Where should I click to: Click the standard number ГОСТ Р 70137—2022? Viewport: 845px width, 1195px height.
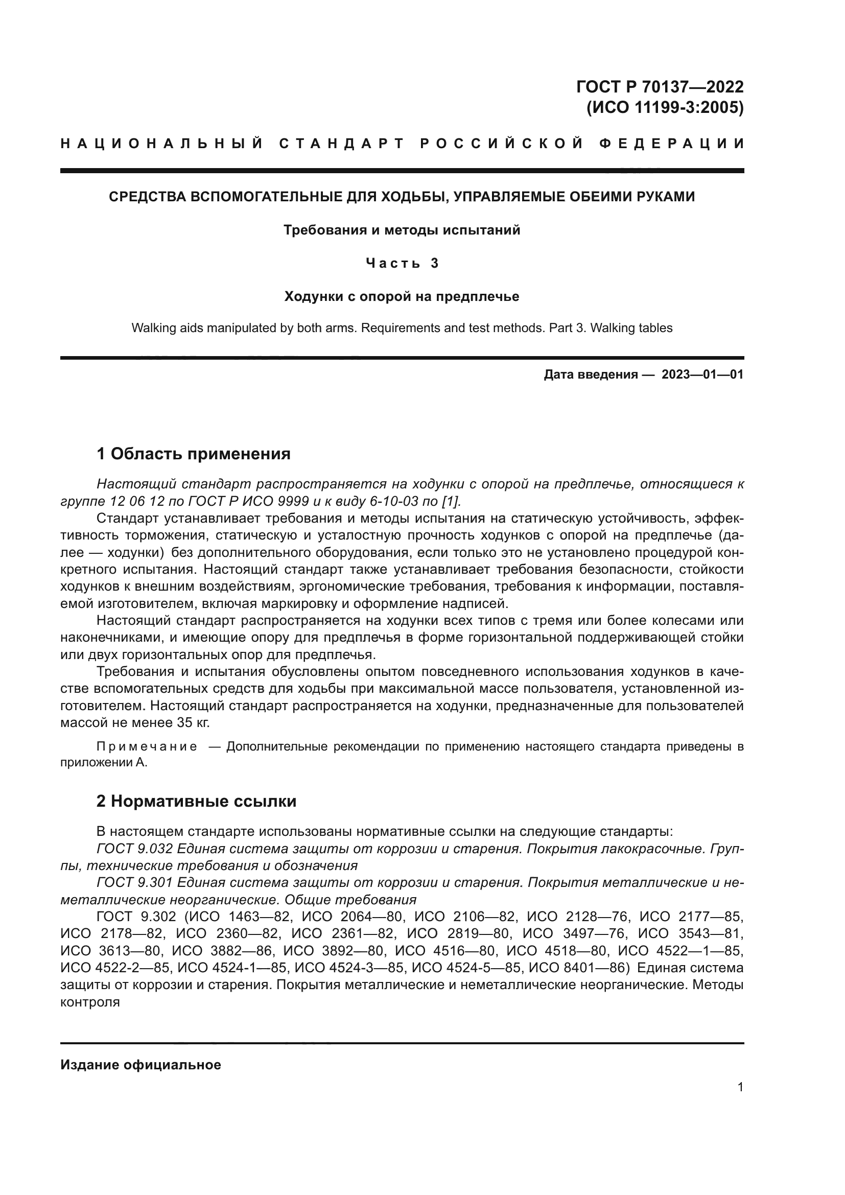(659, 86)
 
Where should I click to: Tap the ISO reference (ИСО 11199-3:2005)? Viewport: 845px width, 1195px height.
(665, 108)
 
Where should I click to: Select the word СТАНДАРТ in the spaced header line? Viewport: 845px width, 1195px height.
(342, 144)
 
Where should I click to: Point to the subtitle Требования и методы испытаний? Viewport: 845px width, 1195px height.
(402, 230)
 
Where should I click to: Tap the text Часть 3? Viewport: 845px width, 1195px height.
(402, 263)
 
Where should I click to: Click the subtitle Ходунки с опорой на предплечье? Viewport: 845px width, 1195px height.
(402, 297)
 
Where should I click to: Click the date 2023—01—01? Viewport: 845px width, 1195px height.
(702, 374)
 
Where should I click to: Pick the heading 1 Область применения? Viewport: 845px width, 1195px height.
(194, 454)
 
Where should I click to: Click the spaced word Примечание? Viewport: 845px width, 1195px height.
(147, 747)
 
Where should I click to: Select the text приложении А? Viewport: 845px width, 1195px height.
(104, 763)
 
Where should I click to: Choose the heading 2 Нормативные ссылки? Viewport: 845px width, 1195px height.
(196, 801)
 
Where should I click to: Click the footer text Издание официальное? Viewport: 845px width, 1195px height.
(140, 1065)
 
